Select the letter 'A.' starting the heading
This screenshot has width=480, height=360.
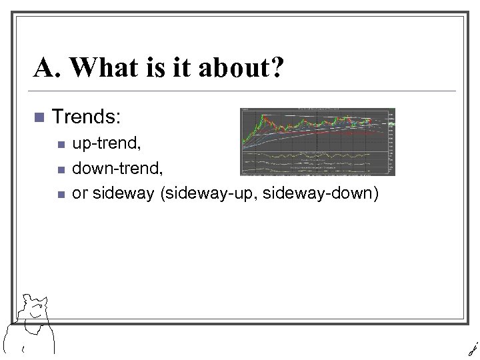pos(49,69)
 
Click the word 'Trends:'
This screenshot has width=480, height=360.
pos(86,117)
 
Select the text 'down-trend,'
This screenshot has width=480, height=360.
pos(108,168)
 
